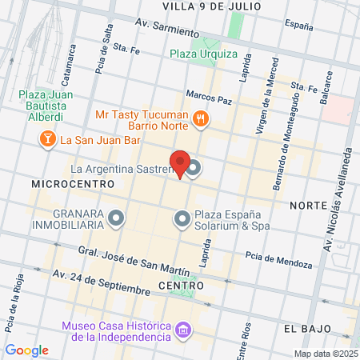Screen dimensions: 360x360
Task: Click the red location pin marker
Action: pos(180,164)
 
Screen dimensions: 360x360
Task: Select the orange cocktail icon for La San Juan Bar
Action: pos(48,140)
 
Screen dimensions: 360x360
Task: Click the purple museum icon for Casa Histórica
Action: pos(185,330)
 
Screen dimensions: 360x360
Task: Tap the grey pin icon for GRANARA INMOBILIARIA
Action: pos(117,218)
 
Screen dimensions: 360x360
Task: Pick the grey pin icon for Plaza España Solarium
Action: pos(182,218)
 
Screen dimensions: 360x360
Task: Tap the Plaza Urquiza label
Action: pos(203,54)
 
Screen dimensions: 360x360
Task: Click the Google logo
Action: pos(26,350)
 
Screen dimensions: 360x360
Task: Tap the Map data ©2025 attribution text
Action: pos(324,353)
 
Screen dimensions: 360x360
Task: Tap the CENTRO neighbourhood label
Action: pos(181,286)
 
